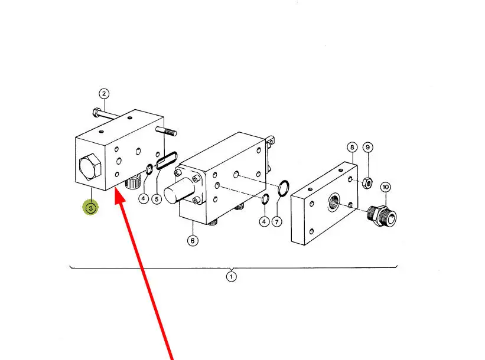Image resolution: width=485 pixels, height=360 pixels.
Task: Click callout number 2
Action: [x=103, y=93]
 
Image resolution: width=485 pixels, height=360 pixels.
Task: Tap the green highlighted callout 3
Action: [x=90, y=208]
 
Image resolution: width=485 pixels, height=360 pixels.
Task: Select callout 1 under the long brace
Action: [x=232, y=276]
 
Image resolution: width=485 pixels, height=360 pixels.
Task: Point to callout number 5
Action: [x=157, y=199]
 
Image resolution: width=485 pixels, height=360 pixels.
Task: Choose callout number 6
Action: [x=193, y=240]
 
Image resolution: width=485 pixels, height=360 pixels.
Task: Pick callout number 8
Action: [x=352, y=147]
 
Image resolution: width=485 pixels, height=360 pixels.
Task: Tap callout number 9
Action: [x=367, y=147]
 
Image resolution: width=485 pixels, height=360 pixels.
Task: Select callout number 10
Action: [x=385, y=188]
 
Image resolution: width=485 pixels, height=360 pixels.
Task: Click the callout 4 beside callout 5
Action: [x=144, y=199]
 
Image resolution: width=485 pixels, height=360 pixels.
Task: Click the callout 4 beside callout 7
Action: [x=264, y=221]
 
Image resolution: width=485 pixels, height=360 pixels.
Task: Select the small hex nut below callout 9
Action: [x=367, y=183]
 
